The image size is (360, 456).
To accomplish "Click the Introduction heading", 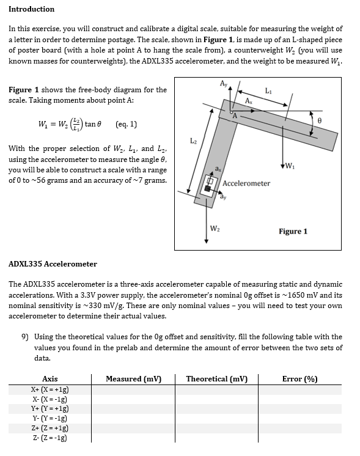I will [31, 9].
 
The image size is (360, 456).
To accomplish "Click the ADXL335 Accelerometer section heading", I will [53, 264].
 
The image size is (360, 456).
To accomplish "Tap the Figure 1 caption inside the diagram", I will [293, 231].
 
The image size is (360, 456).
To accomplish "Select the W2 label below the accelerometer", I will [215, 229].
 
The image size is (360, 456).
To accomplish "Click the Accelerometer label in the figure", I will [246, 183].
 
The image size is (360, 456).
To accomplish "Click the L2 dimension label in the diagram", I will [191, 141].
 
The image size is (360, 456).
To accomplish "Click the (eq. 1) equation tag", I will [126, 124].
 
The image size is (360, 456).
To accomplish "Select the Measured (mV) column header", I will [133, 379].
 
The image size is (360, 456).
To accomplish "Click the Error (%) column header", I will [299, 379].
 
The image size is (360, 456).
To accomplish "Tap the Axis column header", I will [50, 379].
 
